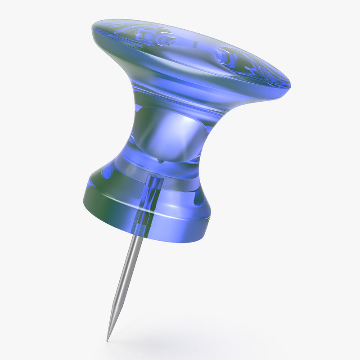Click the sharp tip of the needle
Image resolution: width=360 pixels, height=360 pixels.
click(x=108, y=339)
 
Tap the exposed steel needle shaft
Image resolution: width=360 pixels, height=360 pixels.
click(x=126, y=279)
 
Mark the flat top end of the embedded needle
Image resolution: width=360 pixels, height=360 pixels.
click(x=153, y=176)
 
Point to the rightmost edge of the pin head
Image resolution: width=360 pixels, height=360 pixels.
click(x=290, y=83)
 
